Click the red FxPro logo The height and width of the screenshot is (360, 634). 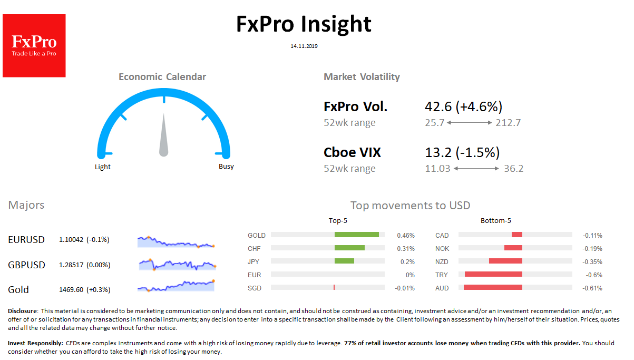point(34,46)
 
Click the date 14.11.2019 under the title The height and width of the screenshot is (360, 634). point(304,46)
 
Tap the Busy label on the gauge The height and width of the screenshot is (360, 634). point(226,167)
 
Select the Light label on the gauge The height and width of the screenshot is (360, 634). point(103,167)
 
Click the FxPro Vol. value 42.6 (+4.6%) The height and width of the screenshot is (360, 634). point(463,107)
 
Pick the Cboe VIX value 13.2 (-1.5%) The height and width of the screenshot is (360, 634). point(462,153)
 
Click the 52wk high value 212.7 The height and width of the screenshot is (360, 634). point(508,123)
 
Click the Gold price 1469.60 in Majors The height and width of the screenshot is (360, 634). point(72,289)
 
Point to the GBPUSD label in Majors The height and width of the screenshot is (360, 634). point(26,265)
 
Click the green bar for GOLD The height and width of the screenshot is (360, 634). point(356,235)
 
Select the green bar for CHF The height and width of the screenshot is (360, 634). point(349,248)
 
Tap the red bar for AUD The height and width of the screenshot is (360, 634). point(493,288)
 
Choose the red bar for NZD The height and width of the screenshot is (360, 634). point(505,261)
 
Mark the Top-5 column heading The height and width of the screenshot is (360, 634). point(338,221)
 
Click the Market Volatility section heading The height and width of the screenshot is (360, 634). point(362,77)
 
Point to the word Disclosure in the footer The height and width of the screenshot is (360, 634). point(23,312)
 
